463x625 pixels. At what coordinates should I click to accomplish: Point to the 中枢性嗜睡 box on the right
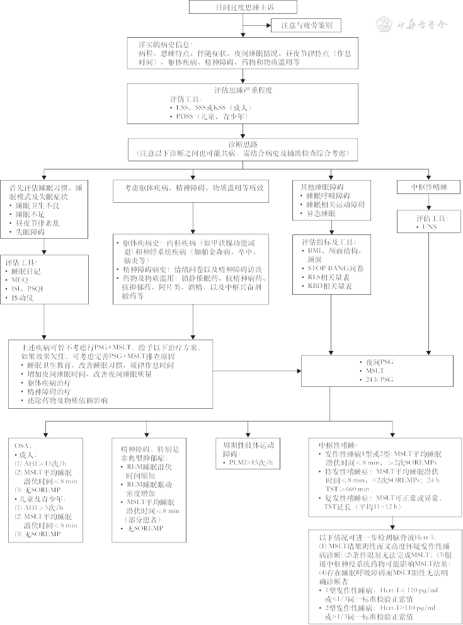coord(429,186)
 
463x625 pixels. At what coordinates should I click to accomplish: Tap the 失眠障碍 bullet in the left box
coord(34,232)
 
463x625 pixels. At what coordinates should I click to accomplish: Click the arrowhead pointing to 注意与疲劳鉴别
coord(265,26)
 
